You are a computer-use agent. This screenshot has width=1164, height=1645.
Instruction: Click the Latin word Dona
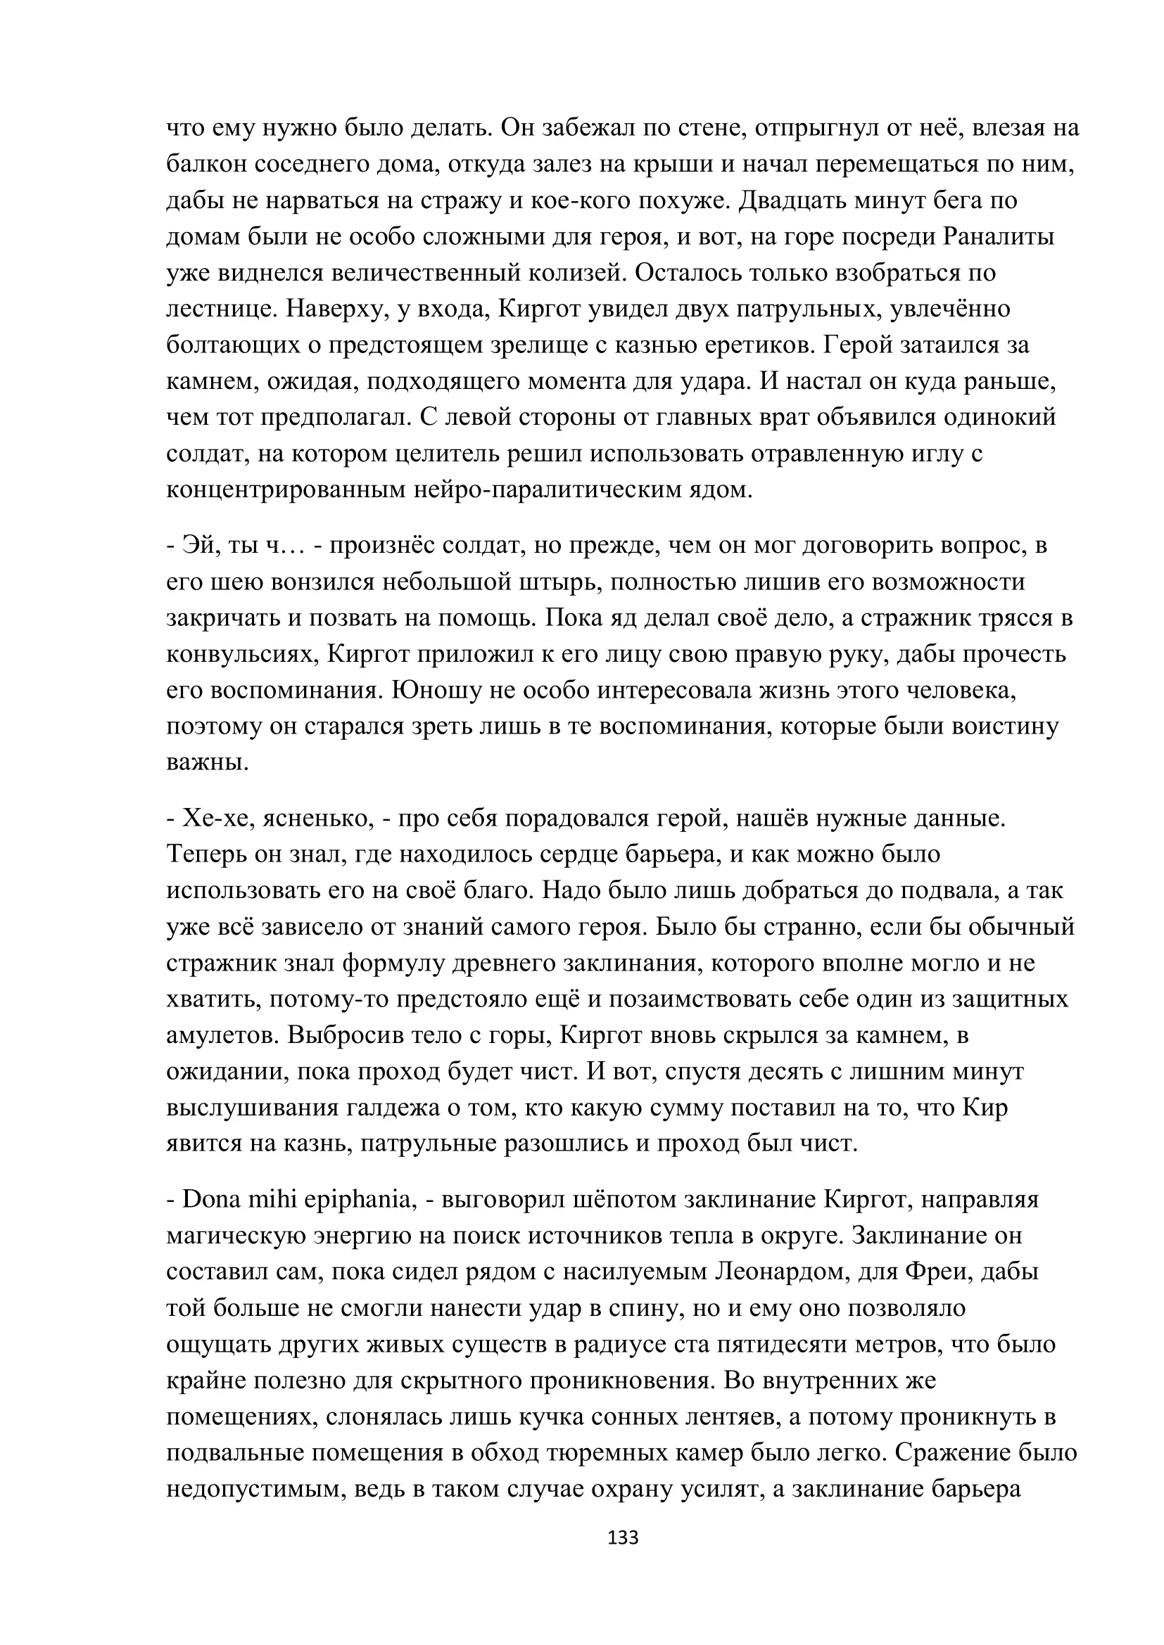tap(211, 1199)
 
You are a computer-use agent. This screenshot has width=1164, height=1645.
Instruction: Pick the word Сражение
tap(940, 1453)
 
